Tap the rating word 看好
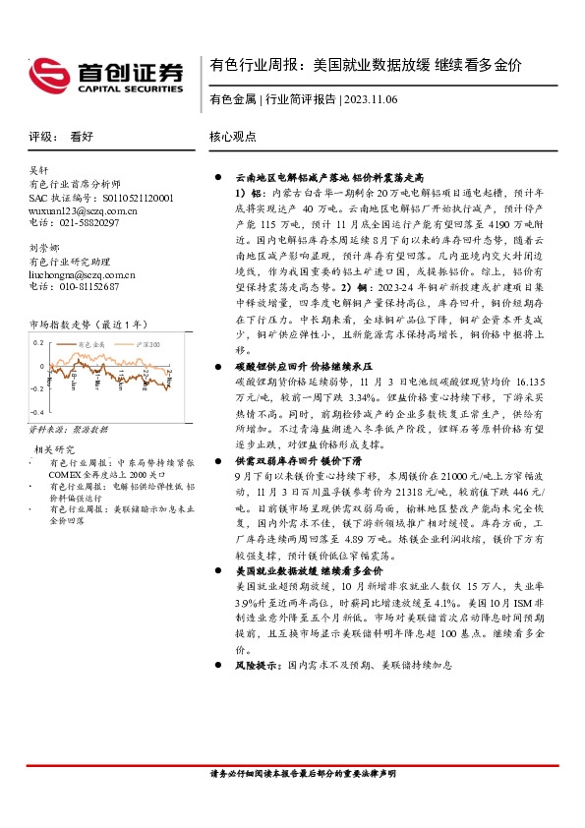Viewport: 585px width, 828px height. [x=82, y=139]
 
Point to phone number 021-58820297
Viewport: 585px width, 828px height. [x=89, y=223]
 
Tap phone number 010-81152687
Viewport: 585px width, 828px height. [x=89, y=287]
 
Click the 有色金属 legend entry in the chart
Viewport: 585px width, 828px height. [x=92, y=345]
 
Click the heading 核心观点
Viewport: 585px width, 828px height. [x=233, y=139]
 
